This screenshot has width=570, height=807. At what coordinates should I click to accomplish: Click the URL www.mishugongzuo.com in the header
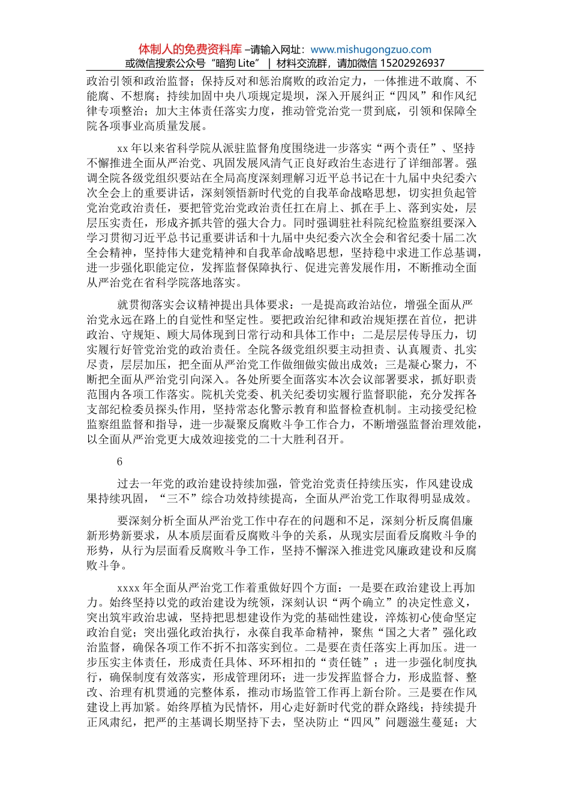pos(371,50)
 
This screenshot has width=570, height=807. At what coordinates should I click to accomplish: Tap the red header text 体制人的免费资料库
pos(190,49)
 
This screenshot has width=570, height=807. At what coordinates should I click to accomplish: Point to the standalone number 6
pos(120,461)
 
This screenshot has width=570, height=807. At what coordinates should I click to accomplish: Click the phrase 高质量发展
pos(176,126)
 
